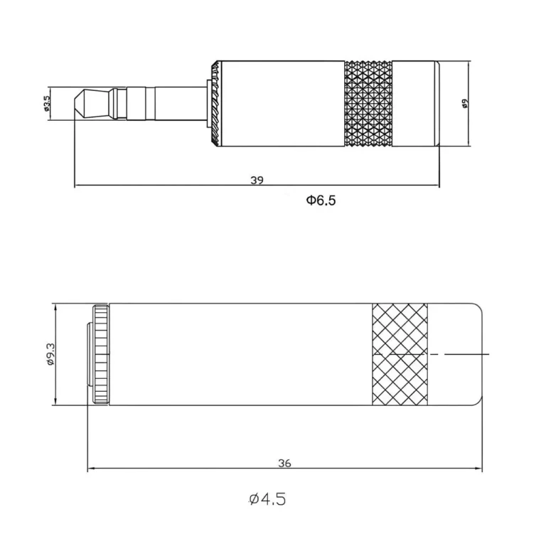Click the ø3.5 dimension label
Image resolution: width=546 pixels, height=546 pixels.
pyautogui.click(x=47, y=105)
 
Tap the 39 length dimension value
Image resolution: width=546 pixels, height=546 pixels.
pyautogui.click(x=257, y=181)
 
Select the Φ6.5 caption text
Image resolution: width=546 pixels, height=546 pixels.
pyautogui.click(x=321, y=200)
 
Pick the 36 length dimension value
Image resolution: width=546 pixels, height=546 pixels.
pyautogui.click(x=284, y=463)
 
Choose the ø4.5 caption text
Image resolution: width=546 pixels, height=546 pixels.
pyautogui.click(x=267, y=500)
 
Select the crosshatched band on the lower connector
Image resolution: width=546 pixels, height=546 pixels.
pyautogui.click(x=400, y=354)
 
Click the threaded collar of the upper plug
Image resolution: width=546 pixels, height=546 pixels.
pyautogui.click(x=212, y=104)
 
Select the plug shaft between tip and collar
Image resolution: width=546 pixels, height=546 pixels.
pyautogui.click(x=164, y=104)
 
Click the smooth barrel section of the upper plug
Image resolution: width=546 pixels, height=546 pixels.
pyautogui.click(x=281, y=104)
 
